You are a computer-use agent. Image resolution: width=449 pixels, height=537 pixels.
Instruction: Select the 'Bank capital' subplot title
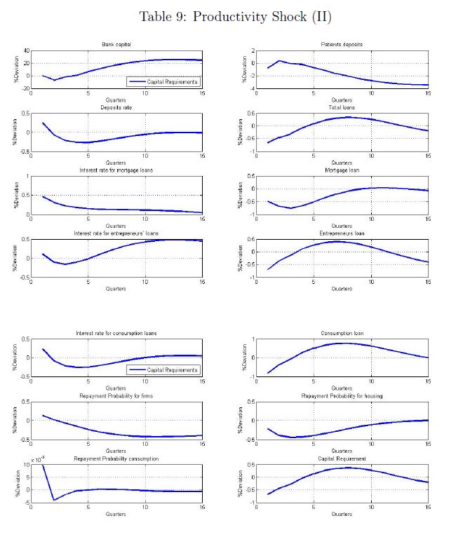point(116,45)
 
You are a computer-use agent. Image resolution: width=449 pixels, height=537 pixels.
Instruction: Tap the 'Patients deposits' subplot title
point(342,45)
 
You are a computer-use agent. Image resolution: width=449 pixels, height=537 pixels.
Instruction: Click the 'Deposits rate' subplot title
point(116,107)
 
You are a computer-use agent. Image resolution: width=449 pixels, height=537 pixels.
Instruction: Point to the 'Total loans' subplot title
point(342,107)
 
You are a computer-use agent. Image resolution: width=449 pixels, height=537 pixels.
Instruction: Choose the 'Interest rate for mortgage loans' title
point(116,170)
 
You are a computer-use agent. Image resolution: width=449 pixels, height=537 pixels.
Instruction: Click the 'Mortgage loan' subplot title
point(342,170)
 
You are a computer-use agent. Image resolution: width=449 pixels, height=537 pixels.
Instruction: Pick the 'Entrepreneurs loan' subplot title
point(342,233)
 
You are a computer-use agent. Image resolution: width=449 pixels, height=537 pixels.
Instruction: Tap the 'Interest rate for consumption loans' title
point(116,333)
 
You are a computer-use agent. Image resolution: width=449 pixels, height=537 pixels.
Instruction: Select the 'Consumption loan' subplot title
point(342,333)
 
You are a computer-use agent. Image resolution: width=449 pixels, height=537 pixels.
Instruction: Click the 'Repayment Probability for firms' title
point(116,396)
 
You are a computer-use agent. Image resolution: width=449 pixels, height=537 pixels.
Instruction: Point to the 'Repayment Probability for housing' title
point(342,396)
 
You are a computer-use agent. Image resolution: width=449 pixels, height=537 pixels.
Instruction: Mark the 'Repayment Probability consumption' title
point(116,458)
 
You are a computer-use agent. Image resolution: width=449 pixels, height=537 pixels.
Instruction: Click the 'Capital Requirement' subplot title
point(342,458)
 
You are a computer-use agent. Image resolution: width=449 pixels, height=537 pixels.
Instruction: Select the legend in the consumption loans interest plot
point(163,370)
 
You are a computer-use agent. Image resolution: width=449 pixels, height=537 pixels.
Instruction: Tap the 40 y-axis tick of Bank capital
point(26,51)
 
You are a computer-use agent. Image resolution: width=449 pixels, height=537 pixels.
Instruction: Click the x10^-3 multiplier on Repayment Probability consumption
point(36,460)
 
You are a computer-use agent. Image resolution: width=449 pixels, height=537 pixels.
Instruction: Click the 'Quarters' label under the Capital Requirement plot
point(342,515)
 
